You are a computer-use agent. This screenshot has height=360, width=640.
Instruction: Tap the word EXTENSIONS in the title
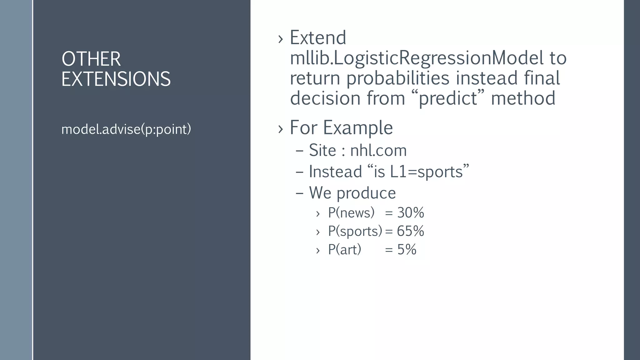point(116,79)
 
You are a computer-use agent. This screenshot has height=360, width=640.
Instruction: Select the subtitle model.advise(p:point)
point(126,129)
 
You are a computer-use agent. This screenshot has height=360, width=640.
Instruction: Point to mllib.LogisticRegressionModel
point(417,58)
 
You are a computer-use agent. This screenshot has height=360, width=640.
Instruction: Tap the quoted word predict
point(447,98)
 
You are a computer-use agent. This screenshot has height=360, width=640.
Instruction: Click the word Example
point(357,127)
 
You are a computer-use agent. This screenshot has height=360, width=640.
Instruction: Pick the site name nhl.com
point(378,150)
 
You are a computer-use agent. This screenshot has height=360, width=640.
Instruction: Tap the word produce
point(366,193)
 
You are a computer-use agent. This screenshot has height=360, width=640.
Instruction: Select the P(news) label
point(351,213)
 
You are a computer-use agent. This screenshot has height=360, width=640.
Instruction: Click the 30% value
point(410,213)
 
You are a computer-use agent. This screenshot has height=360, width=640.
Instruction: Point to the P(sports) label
point(355,231)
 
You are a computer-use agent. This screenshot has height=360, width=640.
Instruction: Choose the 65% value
point(410,231)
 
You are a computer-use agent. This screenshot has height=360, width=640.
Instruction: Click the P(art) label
point(344,250)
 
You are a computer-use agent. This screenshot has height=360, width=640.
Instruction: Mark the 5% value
point(407,250)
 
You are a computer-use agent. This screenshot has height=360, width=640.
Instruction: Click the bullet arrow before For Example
point(280,128)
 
